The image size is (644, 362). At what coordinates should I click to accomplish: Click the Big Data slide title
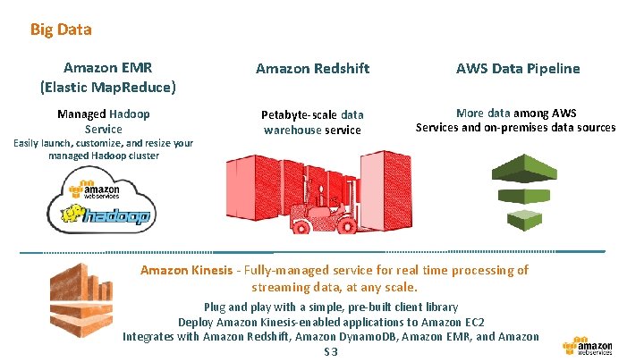coord(61,29)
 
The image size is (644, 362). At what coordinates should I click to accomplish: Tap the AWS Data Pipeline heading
coord(518,68)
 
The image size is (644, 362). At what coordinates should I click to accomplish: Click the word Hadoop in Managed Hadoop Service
coord(130,114)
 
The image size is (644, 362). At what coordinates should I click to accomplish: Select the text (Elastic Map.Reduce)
coord(107,88)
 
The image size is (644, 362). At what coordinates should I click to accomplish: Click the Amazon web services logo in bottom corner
coord(588,346)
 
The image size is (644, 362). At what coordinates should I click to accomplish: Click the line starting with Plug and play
coord(331,306)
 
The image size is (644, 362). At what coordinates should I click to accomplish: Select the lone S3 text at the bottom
coord(331,351)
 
